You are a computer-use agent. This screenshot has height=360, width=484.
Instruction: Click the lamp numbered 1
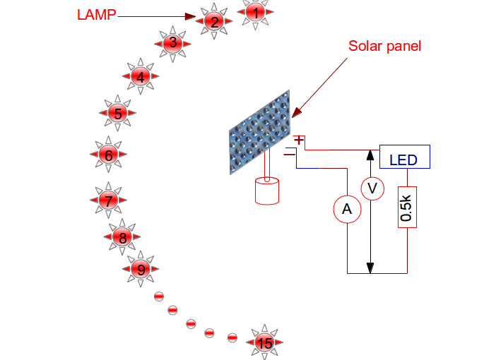pyautogui.click(x=256, y=12)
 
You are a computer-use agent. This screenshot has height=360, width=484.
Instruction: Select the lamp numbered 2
pyautogui.click(x=214, y=22)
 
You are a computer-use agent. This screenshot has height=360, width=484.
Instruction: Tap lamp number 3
pyautogui.click(x=172, y=43)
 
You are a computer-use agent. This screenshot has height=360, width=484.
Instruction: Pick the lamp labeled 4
pyautogui.click(x=141, y=77)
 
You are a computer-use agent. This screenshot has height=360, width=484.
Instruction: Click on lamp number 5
pyautogui.click(x=118, y=113)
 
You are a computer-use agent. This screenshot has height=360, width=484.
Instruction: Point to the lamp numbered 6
pyautogui.click(x=108, y=155)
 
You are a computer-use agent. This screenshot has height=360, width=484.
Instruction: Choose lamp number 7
pyautogui.click(x=108, y=200)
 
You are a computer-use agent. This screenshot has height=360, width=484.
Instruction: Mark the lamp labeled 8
pyautogui.click(x=122, y=238)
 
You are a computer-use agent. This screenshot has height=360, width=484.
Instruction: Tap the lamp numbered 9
pyautogui.click(x=141, y=269)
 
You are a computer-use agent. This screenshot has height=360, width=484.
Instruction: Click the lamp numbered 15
pyautogui.click(x=264, y=342)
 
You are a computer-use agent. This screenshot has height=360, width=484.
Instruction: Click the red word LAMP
pyautogui.click(x=96, y=14)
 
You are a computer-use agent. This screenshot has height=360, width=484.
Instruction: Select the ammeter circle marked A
pyautogui.click(x=346, y=209)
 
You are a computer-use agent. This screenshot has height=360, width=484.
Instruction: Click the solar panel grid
pyautogui.click(x=260, y=131)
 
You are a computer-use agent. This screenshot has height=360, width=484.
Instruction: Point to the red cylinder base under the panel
pyautogui.click(x=266, y=191)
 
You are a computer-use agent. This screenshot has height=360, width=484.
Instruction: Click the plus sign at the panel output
pyautogui.click(x=299, y=140)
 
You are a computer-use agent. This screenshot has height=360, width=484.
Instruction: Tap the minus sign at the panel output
pyautogui.click(x=290, y=152)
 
